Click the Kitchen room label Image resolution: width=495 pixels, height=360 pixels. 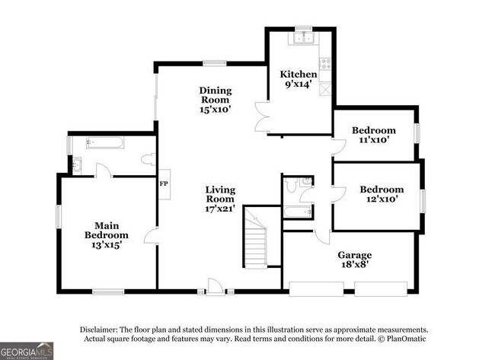[298, 74]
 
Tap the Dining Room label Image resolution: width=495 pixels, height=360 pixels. [216, 95]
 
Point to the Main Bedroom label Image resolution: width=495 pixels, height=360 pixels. [106, 230]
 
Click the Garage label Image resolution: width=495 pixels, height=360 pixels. [354, 255]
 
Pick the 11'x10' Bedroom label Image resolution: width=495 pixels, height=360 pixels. [373, 131]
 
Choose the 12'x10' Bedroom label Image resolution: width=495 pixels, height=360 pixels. [381, 190]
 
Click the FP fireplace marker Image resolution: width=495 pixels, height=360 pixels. [163, 184]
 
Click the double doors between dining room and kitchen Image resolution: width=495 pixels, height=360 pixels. [263, 118]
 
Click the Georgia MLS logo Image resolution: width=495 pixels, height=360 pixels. [27, 351]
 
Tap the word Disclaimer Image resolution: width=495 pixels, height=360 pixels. [103, 329]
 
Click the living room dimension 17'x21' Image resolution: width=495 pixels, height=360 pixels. [220, 207]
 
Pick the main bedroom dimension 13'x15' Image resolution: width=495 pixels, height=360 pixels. [106, 245]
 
